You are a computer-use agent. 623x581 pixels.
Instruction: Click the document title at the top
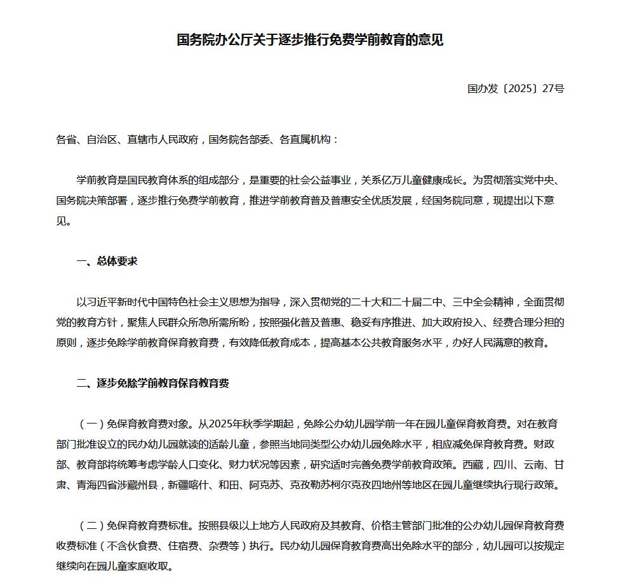(x=310, y=40)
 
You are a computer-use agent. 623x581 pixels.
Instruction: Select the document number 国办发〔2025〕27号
(x=516, y=88)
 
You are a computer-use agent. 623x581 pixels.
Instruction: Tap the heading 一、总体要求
(x=107, y=261)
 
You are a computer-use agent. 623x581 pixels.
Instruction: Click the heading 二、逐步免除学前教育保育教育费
(x=152, y=383)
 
